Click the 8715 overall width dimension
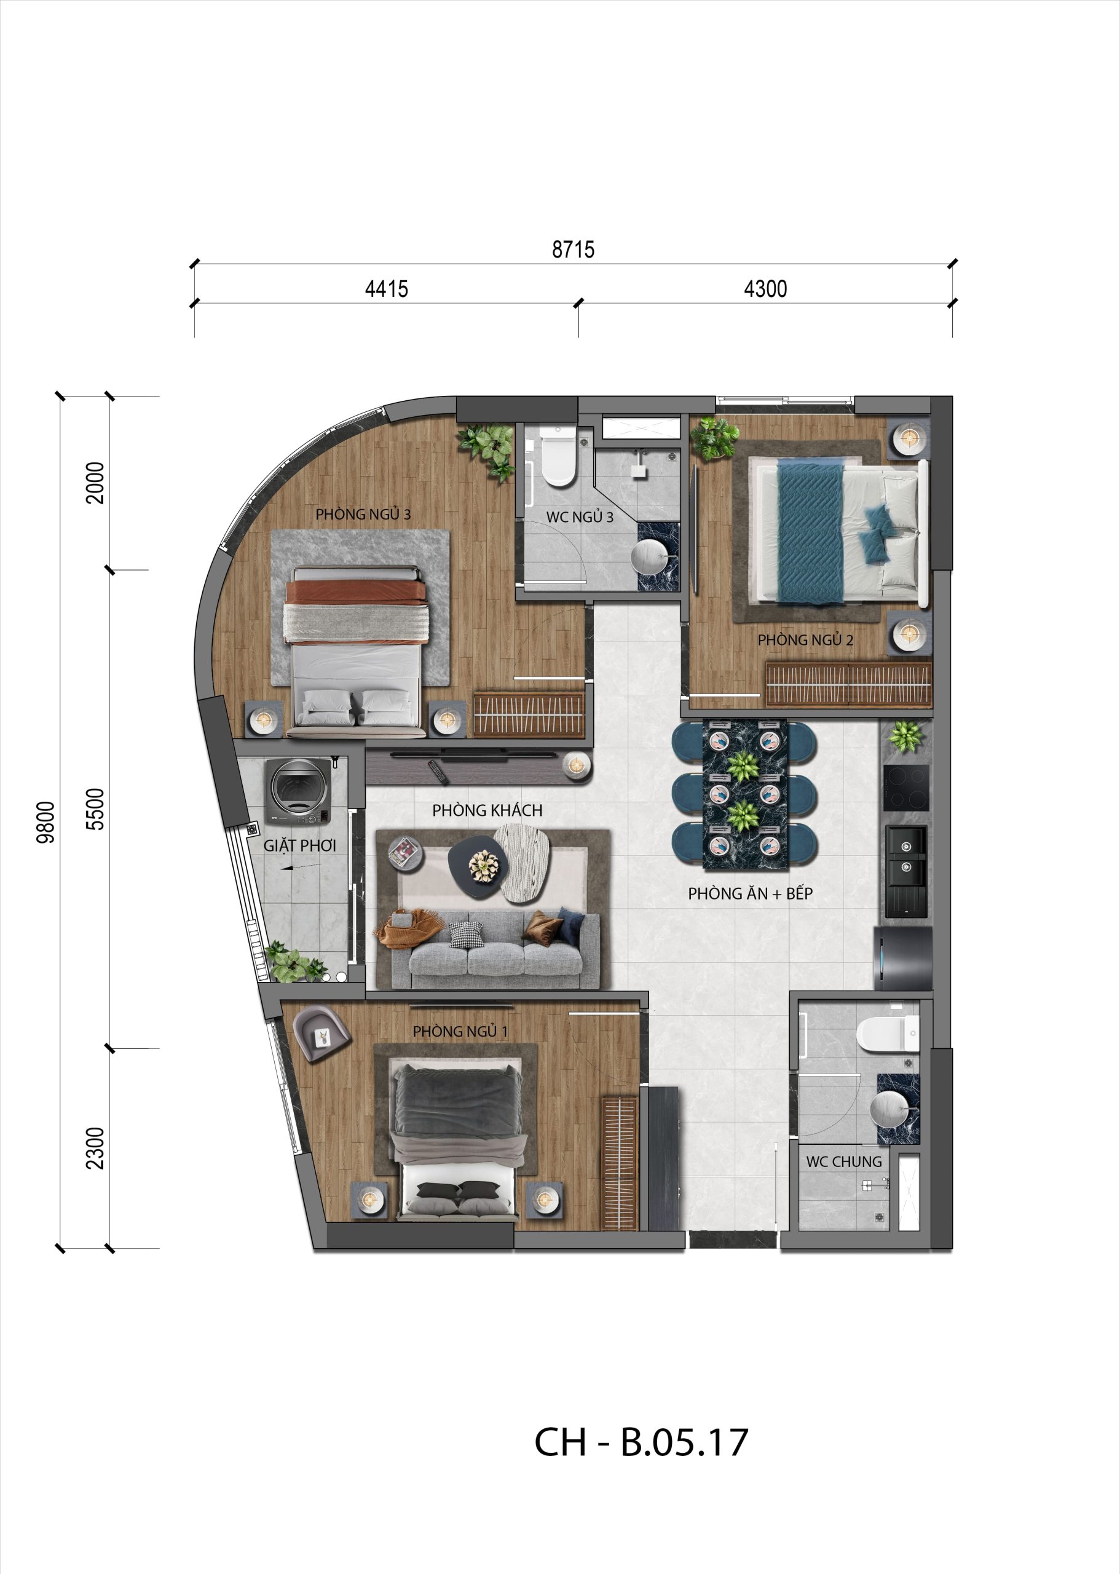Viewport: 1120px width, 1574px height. [573, 249]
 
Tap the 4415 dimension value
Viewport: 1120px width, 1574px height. [386, 288]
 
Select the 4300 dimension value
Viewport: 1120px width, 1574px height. [765, 288]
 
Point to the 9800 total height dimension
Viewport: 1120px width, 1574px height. [45, 822]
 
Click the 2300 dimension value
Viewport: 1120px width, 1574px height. [95, 1149]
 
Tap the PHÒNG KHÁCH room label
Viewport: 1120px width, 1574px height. [487, 810]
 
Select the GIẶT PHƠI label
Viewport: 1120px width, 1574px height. [299, 845]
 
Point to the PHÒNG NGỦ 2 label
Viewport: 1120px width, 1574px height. [805, 640]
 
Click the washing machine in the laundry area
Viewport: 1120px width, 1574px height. [299, 791]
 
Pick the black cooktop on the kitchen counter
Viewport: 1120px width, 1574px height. [906, 788]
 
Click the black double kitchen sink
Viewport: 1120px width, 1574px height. [906, 872]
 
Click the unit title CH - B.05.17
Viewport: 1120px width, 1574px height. [641, 1442]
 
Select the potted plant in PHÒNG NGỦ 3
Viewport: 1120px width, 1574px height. [488, 451]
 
